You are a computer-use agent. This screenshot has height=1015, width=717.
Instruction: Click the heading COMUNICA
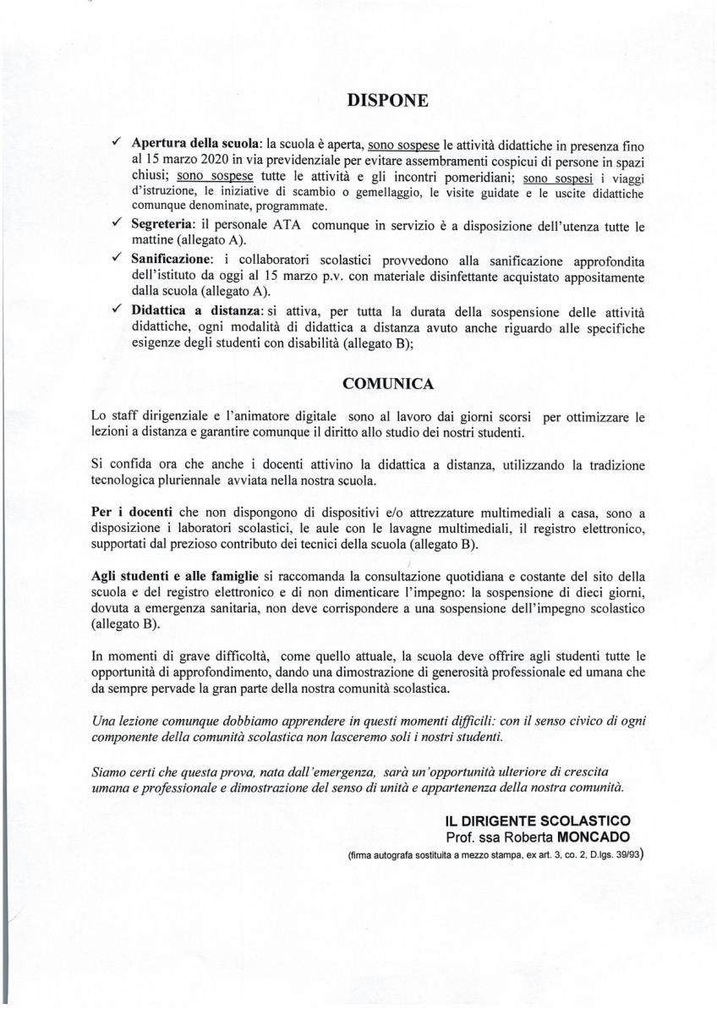388,384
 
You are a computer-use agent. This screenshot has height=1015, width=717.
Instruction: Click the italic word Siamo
109,771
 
